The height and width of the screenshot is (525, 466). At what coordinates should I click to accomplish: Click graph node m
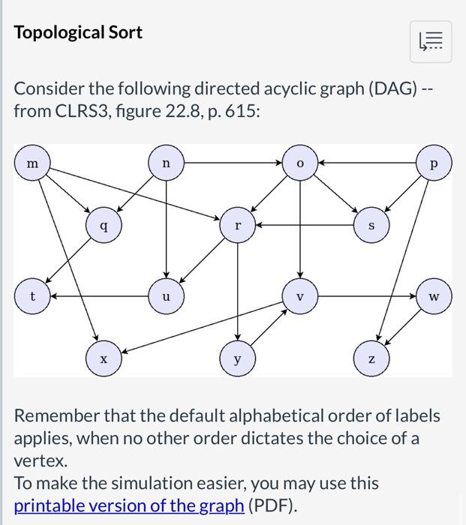pos(32,163)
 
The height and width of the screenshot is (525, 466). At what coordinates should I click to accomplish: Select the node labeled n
pos(166,162)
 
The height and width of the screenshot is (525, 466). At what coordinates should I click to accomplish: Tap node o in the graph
pos(299,162)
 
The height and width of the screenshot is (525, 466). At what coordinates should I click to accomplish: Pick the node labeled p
pos(433,163)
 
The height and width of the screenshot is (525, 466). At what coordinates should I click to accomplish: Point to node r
pos(238,223)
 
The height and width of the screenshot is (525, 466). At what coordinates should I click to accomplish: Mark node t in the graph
pos(32,296)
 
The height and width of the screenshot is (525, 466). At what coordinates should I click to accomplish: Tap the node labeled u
pos(166,296)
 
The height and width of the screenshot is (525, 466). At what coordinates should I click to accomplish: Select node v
pos(299,296)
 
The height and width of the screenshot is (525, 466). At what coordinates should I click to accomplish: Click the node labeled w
pos(433,296)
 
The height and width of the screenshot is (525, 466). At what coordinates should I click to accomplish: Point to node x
pos(104,359)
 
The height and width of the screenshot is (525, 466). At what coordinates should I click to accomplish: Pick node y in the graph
pos(238,359)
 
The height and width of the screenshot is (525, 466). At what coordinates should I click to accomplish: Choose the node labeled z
pos(371,359)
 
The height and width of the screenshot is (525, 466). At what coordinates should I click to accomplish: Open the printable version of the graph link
pos(129,505)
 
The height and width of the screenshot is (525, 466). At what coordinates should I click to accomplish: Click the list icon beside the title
pos(431,42)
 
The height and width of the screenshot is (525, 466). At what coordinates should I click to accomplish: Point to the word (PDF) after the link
pos(273,505)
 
